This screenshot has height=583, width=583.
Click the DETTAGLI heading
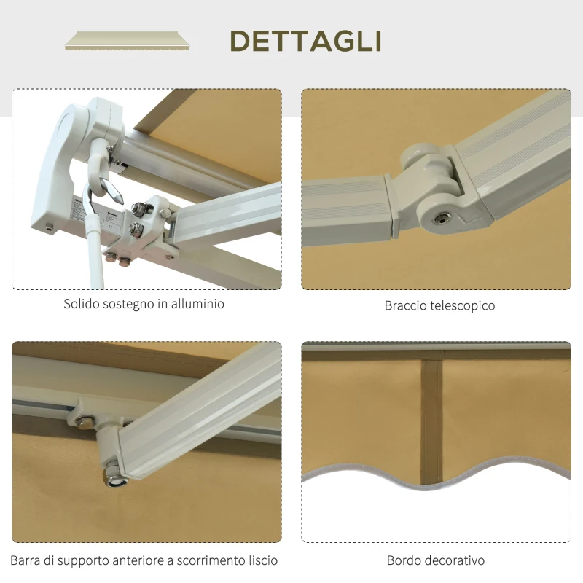coord(305,41)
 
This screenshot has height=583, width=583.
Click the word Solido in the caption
coord(82,304)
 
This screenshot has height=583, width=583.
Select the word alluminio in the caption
coord(197,304)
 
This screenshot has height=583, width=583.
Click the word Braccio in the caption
coord(407,306)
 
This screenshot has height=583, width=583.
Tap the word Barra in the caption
coord(27,560)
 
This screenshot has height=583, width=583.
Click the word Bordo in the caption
coord(405,560)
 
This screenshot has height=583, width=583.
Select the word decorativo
coord(456,560)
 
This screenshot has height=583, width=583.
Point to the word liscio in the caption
coord(259,560)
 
